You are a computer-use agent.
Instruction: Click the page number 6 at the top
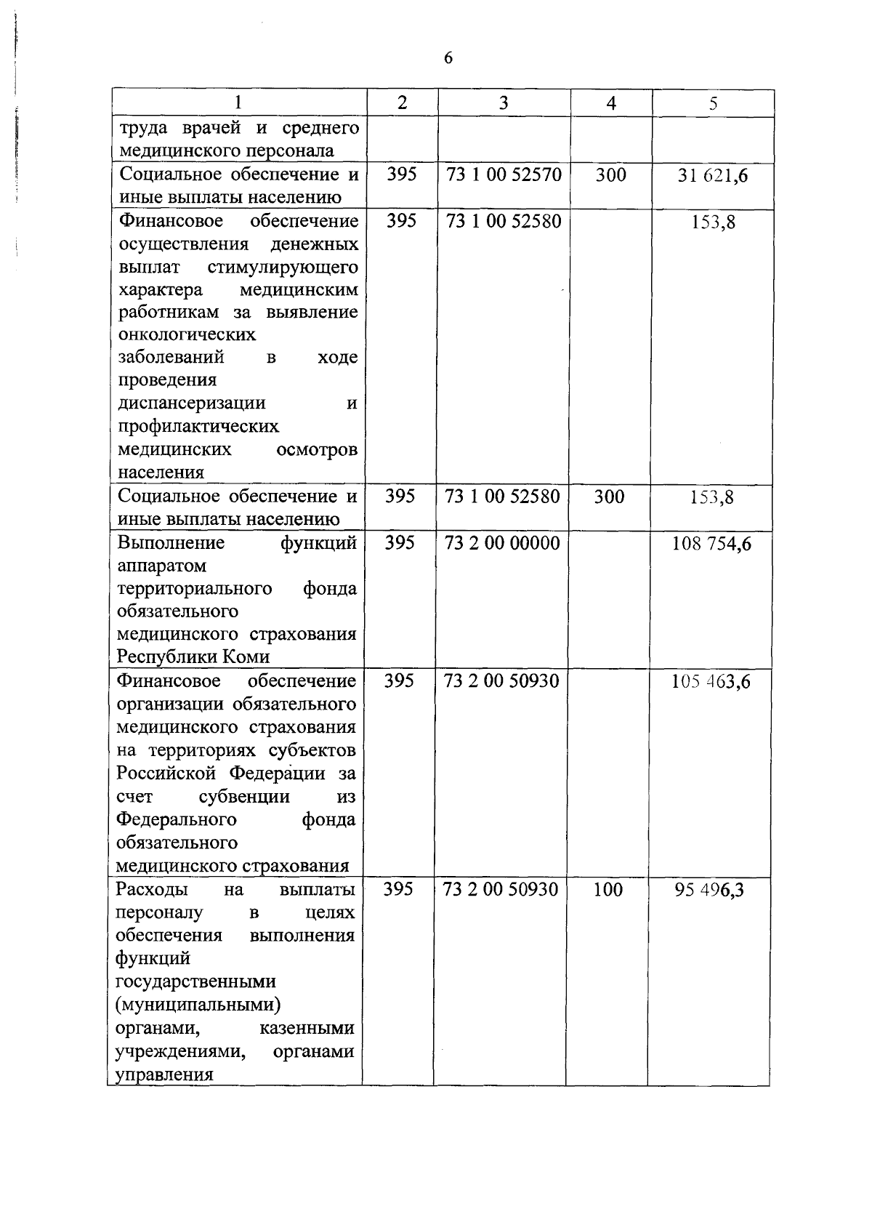coord(448,58)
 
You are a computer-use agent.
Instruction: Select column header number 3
coord(504,103)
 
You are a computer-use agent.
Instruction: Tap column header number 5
coord(714,103)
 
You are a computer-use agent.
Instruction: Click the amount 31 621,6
coord(713,175)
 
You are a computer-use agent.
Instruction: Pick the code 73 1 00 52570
coord(504,174)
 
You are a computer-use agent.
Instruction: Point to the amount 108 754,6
coord(711,544)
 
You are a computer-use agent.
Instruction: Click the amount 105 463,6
coord(711,682)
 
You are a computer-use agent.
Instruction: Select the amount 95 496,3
coord(708,891)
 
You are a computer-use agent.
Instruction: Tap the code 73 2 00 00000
coord(502,543)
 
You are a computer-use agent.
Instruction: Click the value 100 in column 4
coord(607,890)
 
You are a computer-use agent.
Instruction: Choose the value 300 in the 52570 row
coord(610,174)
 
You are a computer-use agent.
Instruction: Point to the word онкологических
coord(187,335)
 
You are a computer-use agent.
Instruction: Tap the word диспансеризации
coord(192,403)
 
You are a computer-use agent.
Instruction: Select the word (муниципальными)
coord(198,1005)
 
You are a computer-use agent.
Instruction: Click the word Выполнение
coord(171,543)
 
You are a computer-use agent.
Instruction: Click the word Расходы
coord(152,890)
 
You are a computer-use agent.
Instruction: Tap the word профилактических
coord(198,426)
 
